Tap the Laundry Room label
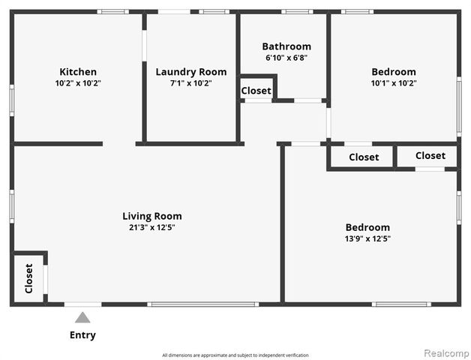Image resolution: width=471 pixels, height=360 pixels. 190,72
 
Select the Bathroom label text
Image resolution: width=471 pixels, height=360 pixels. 286,46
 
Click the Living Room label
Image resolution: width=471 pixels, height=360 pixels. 152,216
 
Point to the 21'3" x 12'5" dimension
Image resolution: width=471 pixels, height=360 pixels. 152,227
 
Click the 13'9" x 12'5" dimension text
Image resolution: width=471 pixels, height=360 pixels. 367,238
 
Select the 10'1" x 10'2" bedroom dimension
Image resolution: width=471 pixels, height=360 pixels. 394,83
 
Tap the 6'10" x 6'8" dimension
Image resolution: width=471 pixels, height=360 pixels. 286,58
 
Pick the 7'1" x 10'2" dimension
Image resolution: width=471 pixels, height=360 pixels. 190,83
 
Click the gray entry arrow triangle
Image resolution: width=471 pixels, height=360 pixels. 82,318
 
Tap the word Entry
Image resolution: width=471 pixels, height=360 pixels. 82,335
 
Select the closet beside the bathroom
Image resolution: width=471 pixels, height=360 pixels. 256,91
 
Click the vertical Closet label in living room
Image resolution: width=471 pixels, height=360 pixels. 28,278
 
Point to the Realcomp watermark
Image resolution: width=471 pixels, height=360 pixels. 446,352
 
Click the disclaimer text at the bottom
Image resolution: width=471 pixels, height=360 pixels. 235,355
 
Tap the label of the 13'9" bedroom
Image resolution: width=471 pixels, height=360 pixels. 367,227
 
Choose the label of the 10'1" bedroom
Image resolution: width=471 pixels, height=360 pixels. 394,72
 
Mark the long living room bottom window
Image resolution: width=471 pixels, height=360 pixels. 202,304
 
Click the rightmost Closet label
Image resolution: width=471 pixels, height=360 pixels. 430,156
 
